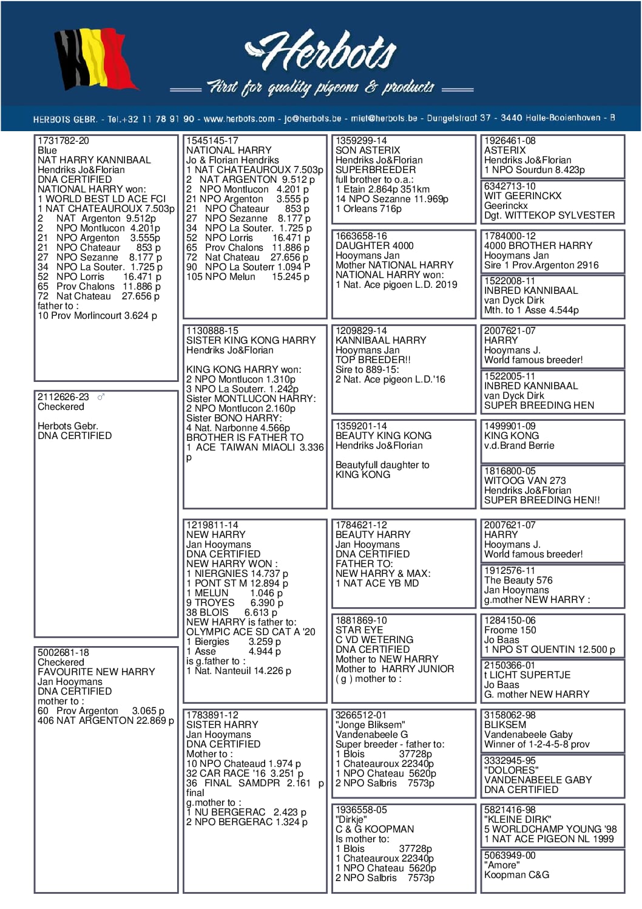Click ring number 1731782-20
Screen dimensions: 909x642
click(63, 141)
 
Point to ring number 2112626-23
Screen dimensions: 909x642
click(63, 397)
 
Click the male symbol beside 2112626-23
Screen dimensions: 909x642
click(101, 397)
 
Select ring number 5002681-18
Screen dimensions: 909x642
click(63, 653)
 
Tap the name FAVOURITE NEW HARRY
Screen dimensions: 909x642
click(96, 672)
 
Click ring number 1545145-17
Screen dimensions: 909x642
click(212, 141)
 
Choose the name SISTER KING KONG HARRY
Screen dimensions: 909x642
click(251, 341)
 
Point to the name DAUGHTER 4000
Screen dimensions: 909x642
click(374, 246)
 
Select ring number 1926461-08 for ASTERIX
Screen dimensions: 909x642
click(510, 141)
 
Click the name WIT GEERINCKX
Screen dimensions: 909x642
click(522, 196)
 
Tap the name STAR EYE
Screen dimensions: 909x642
click(359, 630)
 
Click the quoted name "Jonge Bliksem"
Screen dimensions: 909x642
click(370, 725)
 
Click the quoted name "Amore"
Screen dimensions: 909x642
click(502, 865)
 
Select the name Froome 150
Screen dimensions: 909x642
click(510, 630)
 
